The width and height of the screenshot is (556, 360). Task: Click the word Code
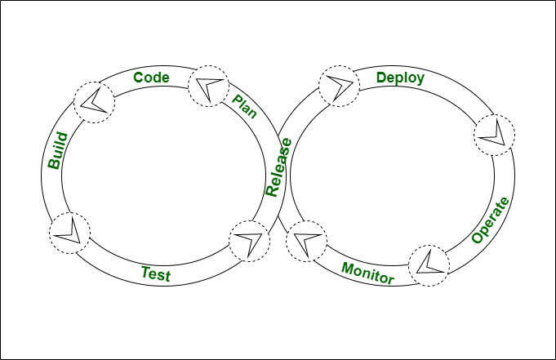coord(151,78)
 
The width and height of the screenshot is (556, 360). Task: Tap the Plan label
coord(244,106)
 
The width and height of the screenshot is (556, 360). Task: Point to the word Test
coord(155,274)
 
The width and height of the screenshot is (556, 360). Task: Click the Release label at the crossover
coord(278,167)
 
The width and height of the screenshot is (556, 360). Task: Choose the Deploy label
coord(399,78)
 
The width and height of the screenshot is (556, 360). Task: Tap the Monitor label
coord(367,273)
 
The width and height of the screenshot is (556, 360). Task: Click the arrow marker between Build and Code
coord(95,101)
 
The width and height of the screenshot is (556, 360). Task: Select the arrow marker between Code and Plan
coord(209,86)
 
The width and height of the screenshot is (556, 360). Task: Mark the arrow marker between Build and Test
coord(70,233)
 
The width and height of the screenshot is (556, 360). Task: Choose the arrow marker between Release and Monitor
coord(306,242)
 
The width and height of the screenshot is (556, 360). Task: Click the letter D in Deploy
coord(381,78)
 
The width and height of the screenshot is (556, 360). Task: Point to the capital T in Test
coord(145,273)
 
